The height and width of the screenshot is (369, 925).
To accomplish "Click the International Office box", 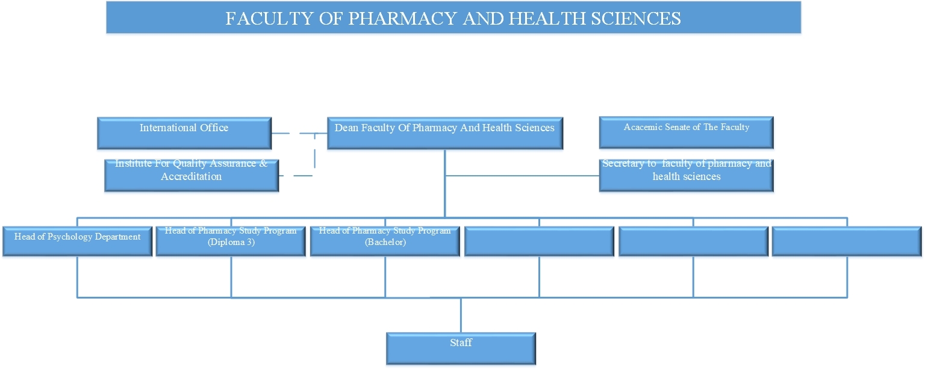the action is tap(184, 133).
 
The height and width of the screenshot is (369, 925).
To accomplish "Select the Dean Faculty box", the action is tap(445, 133).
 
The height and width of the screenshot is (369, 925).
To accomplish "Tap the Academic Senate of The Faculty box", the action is tap(686, 132).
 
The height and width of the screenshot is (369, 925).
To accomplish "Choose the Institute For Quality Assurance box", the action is tap(191, 175).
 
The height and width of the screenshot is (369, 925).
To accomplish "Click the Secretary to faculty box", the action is tap(686, 175).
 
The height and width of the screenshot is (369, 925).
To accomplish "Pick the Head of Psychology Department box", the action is tap(77, 241).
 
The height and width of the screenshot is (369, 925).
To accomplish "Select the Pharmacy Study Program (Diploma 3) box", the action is tap(231, 241).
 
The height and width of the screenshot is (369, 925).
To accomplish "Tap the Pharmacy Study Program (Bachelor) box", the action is tap(385, 241).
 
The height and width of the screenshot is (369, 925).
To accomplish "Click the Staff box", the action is tap(461, 349).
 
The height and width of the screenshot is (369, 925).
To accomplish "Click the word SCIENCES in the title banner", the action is tap(636, 19).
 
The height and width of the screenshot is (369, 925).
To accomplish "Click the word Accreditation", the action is tap(191, 176).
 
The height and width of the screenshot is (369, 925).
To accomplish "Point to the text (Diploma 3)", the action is tap(231, 242).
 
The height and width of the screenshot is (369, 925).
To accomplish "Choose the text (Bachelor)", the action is tap(385, 242).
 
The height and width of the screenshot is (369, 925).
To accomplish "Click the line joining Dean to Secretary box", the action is tap(522, 175).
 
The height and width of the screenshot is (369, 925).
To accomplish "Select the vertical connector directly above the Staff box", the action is tap(461, 315).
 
